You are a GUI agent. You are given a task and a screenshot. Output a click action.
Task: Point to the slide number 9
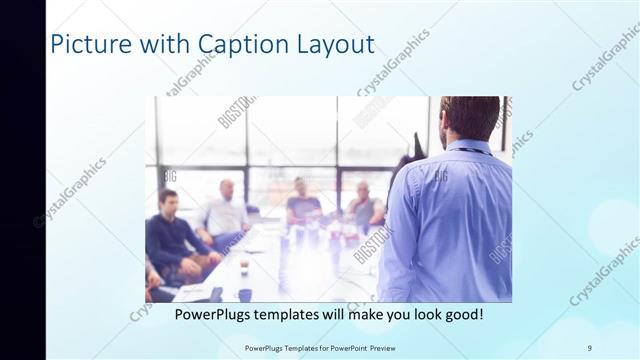click(x=589, y=347)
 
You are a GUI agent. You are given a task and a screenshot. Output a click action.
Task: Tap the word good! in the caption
click(x=462, y=314)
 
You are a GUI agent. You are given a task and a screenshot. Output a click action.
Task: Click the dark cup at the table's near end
click(x=245, y=294)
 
